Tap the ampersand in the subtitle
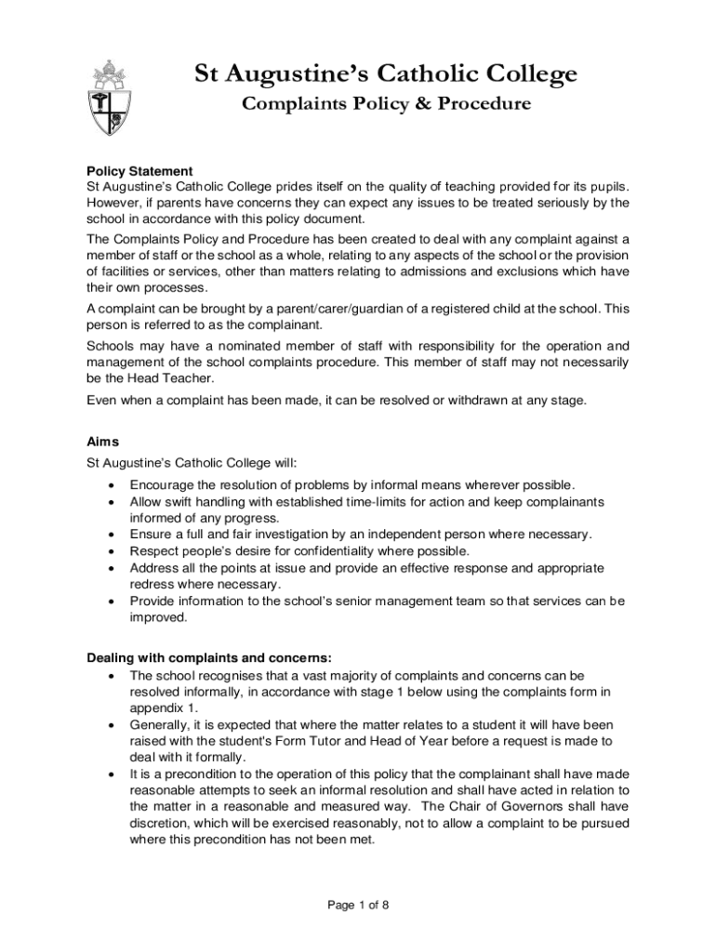[415, 104]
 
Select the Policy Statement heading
[139, 171]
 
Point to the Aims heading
[102, 442]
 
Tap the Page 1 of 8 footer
[357, 905]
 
